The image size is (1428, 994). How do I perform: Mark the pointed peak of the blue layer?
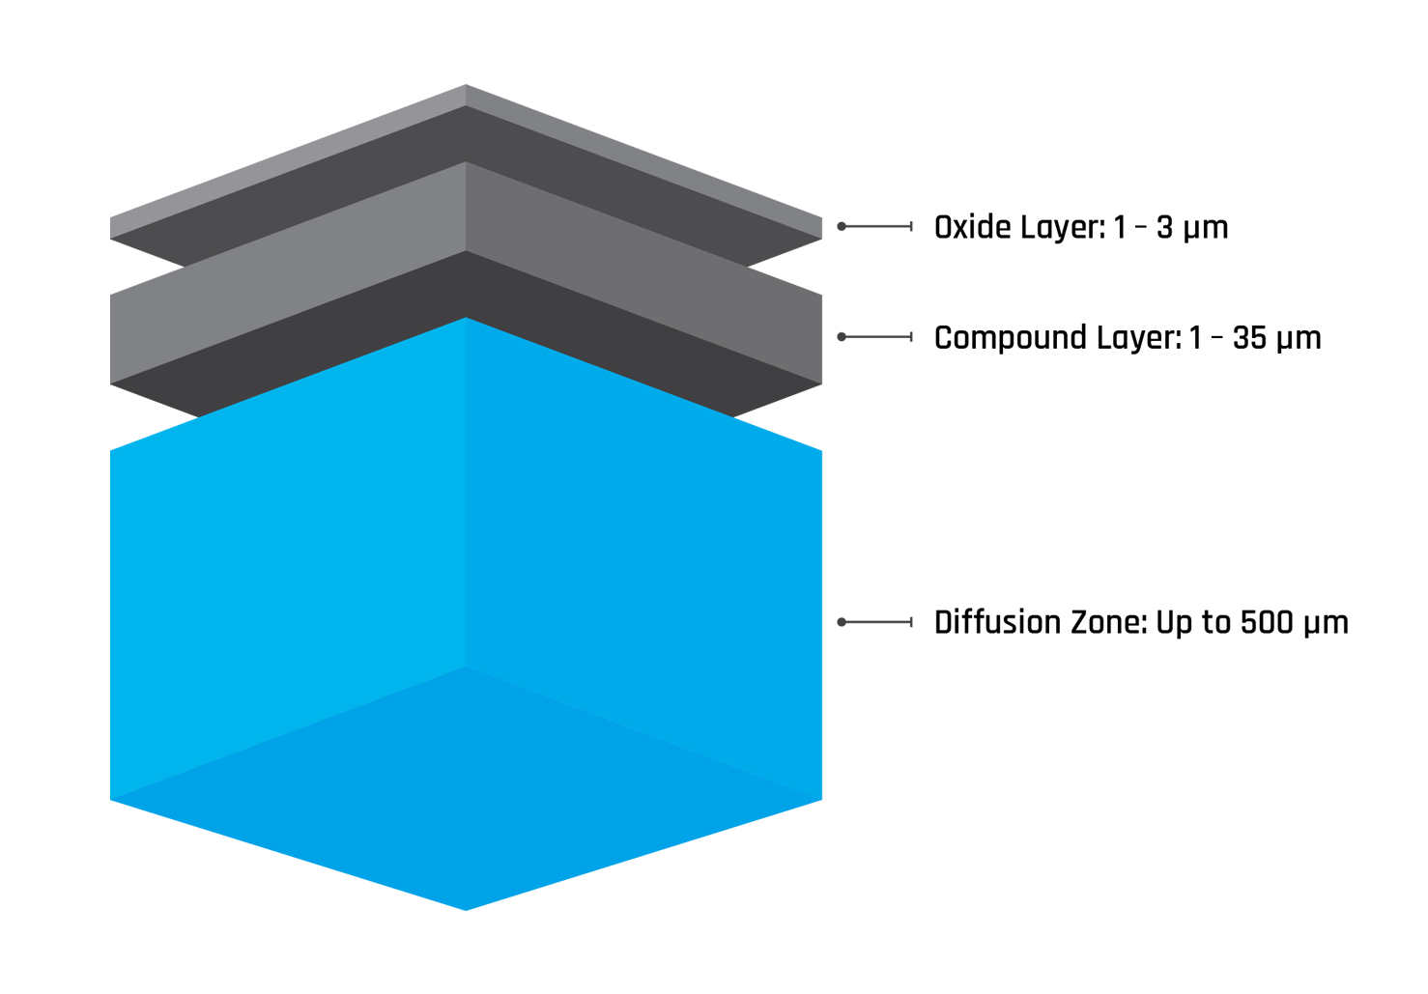[x=467, y=321]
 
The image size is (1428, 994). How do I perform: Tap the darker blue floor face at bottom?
[x=464, y=811]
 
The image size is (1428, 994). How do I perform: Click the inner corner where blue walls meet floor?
[x=467, y=667]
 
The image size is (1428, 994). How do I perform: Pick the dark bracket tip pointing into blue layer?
[x=833, y=621]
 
